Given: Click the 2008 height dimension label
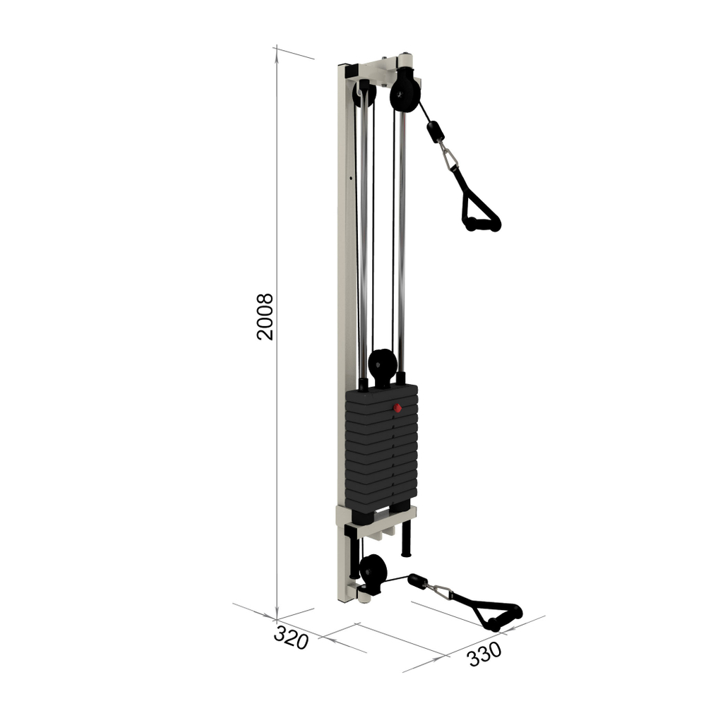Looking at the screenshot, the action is [x=265, y=316].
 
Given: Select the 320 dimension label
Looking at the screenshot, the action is [x=292, y=637].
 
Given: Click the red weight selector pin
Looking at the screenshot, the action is [x=397, y=408].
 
